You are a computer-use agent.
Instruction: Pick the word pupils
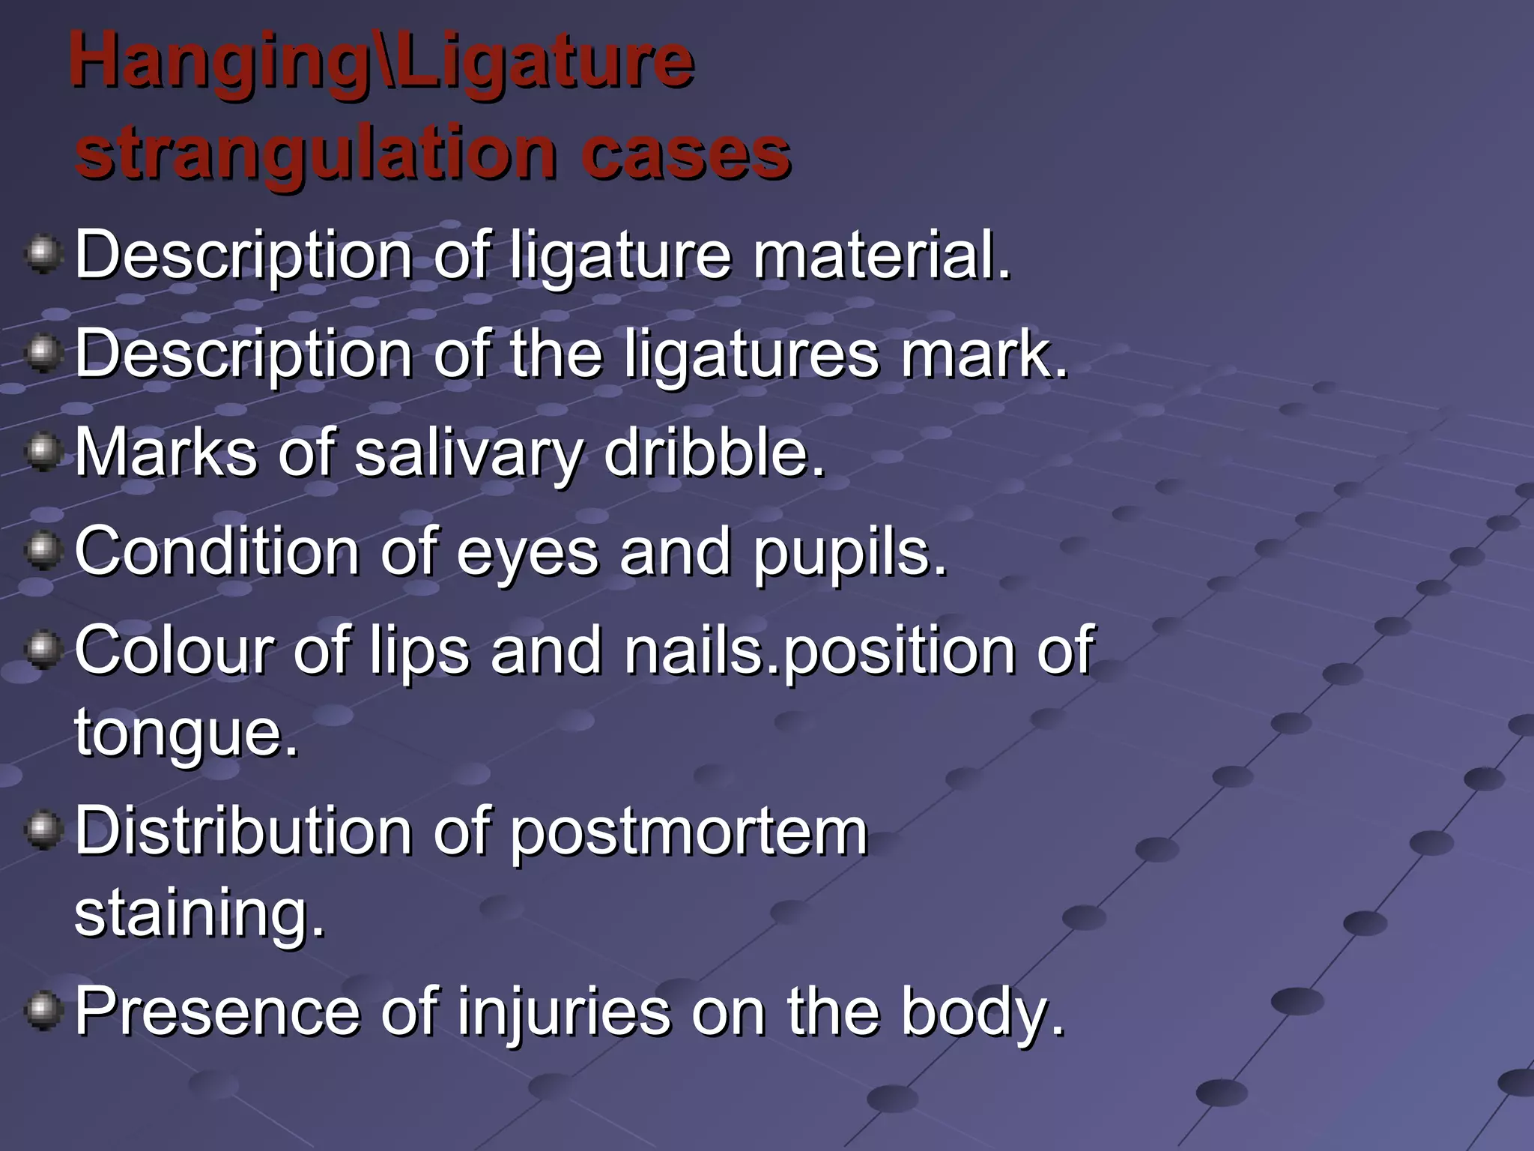[849, 553]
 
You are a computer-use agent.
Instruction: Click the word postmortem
[688, 833]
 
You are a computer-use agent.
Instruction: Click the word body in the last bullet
[982, 1013]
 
